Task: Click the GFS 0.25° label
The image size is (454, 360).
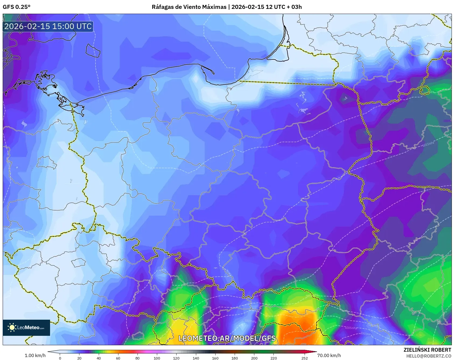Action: coord(16,7)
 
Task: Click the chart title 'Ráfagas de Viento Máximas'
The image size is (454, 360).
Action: coord(189,7)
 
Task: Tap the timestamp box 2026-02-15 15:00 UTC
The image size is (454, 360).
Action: coord(48,26)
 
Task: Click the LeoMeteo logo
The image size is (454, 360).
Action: coord(26,327)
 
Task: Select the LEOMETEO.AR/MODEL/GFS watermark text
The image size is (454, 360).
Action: coord(227,338)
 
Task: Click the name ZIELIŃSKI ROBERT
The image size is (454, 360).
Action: coord(427,350)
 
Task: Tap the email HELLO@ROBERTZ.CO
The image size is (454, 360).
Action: coord(428,356)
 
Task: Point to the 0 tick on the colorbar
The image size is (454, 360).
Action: coord(60,358)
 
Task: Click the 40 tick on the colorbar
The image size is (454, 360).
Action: coord(99,358)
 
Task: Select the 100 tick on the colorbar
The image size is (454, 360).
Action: coord(157,358)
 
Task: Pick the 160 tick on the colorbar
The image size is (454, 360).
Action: coord(215,358)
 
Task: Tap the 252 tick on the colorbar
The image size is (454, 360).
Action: coord(304,358)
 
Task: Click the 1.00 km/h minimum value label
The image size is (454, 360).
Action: coord(35,355)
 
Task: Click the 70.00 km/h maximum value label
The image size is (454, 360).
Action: coord(329,355)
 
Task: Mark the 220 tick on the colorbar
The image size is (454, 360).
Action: coord(273,358)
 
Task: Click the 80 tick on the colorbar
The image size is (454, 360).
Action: coord(138,358)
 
